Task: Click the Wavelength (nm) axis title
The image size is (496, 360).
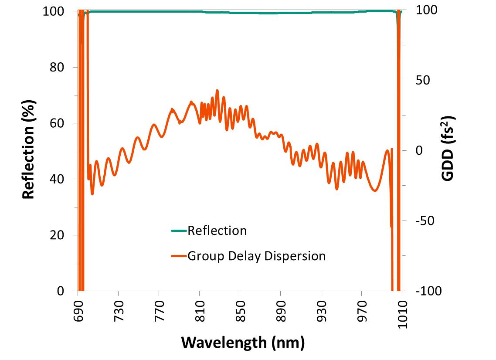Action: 242,342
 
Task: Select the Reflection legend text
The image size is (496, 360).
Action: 217,231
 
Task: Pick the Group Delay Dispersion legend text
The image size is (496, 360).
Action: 256,256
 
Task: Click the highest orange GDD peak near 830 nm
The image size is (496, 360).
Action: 217,91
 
